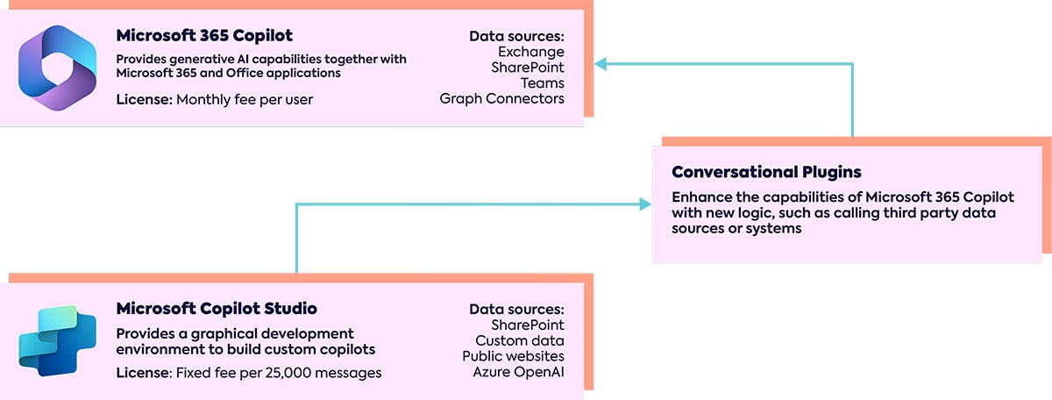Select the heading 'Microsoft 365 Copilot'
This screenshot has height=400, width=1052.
[x=204, y=36]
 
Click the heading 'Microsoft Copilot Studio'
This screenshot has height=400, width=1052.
[x=217, y=309]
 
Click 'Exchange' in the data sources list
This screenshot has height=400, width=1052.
[x=530, y=52]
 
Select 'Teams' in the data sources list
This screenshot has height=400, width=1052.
[x=543, y=83]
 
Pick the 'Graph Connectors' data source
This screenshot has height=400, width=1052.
[x=502, y=99]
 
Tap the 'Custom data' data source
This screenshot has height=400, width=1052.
[x=520, y=340]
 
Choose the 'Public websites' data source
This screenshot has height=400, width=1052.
[x=514, y=356]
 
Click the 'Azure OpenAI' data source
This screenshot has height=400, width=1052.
[x=519, y=372]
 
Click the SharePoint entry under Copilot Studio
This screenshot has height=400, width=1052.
[x=528, y=325]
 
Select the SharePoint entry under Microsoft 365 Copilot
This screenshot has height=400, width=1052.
[x=528, y=68]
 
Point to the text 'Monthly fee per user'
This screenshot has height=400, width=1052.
[x=245, y=100]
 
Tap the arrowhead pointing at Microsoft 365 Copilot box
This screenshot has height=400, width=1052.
[x=600, y=63]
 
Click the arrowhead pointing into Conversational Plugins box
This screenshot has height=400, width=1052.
[x=646, y=204]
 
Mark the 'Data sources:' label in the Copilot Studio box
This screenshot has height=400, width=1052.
[x=516, y=309]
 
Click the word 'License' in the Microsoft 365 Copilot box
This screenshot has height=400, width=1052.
[x=143, y=100]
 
